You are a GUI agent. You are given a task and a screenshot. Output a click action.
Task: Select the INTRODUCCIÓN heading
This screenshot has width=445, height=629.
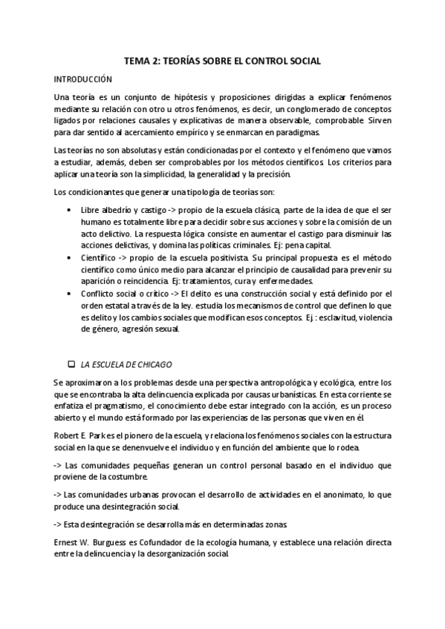(x=82, y=79)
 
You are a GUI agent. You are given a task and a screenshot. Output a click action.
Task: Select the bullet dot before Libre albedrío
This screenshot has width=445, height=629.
(x=69, y=210)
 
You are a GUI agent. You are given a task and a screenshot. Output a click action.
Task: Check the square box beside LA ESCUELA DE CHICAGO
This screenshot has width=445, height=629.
(x=71, y=364)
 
